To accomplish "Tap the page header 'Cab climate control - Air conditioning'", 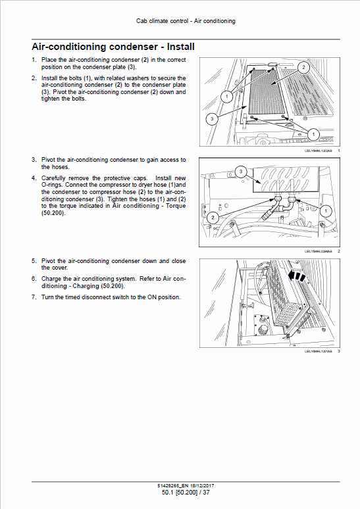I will [186, 21].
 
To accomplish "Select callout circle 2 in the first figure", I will [302, 67].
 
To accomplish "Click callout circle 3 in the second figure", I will [241, 171].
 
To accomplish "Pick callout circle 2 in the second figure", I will [212, 217].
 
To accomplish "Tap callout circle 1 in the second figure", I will [325, 210].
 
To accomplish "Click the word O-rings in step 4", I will [54, 184].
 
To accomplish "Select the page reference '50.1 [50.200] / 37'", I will [186, 493].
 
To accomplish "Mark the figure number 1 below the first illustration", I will [338, 151].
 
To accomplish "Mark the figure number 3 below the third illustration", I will [338, 351].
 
